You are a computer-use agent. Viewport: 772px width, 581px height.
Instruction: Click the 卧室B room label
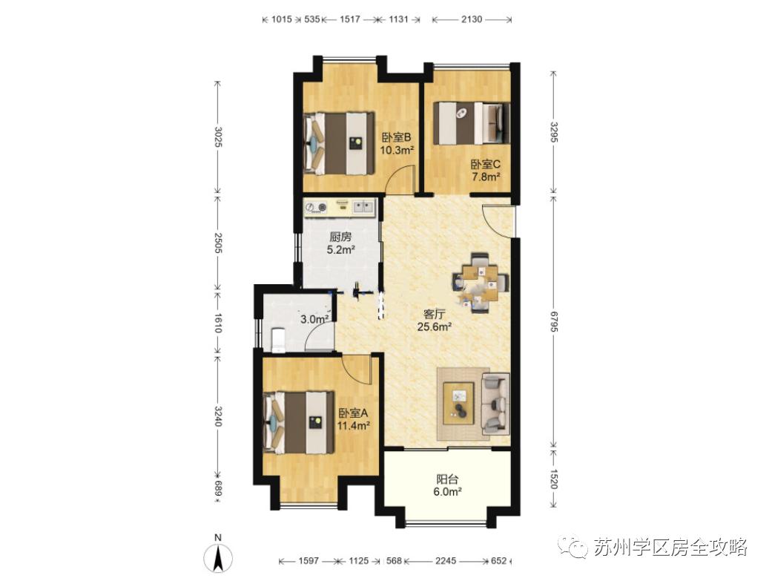tap(396, 137)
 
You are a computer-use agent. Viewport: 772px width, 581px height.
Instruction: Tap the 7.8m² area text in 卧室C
tap(486, 177)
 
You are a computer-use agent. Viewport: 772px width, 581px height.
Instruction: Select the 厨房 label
tap(340, 237)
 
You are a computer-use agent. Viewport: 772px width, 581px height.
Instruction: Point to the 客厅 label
tap(435, 313)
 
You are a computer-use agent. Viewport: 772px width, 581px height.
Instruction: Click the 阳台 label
tap(448, 479)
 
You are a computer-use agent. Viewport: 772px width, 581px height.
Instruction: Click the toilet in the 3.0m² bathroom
tap(278, 340)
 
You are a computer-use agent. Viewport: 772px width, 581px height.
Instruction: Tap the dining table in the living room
tap(481, 283)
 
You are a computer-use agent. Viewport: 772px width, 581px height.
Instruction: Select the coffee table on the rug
tap(459, 403)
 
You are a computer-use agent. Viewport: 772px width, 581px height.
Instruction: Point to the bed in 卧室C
tap(471, 123)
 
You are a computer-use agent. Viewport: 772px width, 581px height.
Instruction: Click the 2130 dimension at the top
tap(472, 19)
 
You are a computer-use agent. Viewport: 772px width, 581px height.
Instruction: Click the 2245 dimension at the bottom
tap(446, 561)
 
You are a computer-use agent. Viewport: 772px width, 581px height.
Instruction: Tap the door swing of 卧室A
tap(356, 370)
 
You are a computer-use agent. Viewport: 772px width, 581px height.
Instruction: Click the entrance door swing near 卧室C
tap(496, 220)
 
